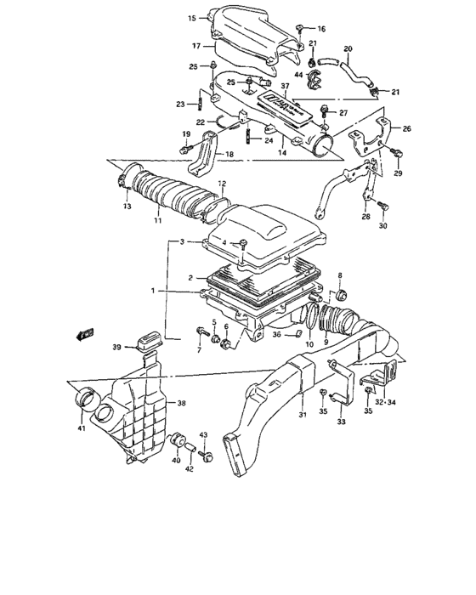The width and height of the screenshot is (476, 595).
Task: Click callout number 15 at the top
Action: coord(191,17)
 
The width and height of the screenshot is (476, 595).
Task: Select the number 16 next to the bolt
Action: coord(322,28)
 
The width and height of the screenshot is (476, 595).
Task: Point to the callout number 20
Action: coord(347,48)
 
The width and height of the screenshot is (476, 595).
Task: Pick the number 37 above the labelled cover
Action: coord(286,87)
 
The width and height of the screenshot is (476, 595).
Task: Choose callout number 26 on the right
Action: coord(406,129)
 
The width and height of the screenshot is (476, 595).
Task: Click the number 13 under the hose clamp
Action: coord(127,207)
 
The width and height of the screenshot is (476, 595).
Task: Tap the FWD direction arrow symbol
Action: coord(86,334)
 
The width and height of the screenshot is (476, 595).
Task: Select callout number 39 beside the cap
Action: coord(117,347)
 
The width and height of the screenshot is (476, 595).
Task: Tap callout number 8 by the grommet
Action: coord(340,276)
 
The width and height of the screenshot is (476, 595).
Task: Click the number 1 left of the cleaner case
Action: coord(154,291)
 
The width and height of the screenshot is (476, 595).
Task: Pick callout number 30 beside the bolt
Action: coord(382,227)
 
